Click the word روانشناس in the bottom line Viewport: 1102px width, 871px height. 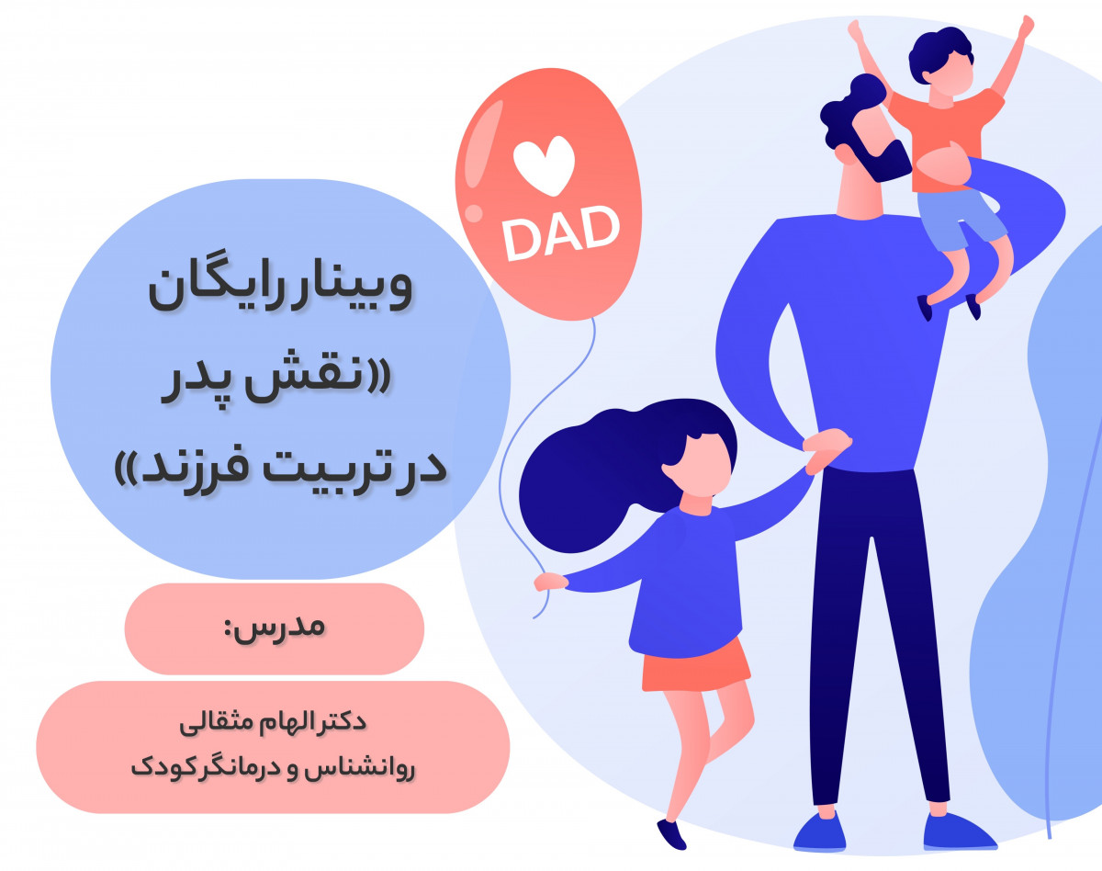point(367,766)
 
